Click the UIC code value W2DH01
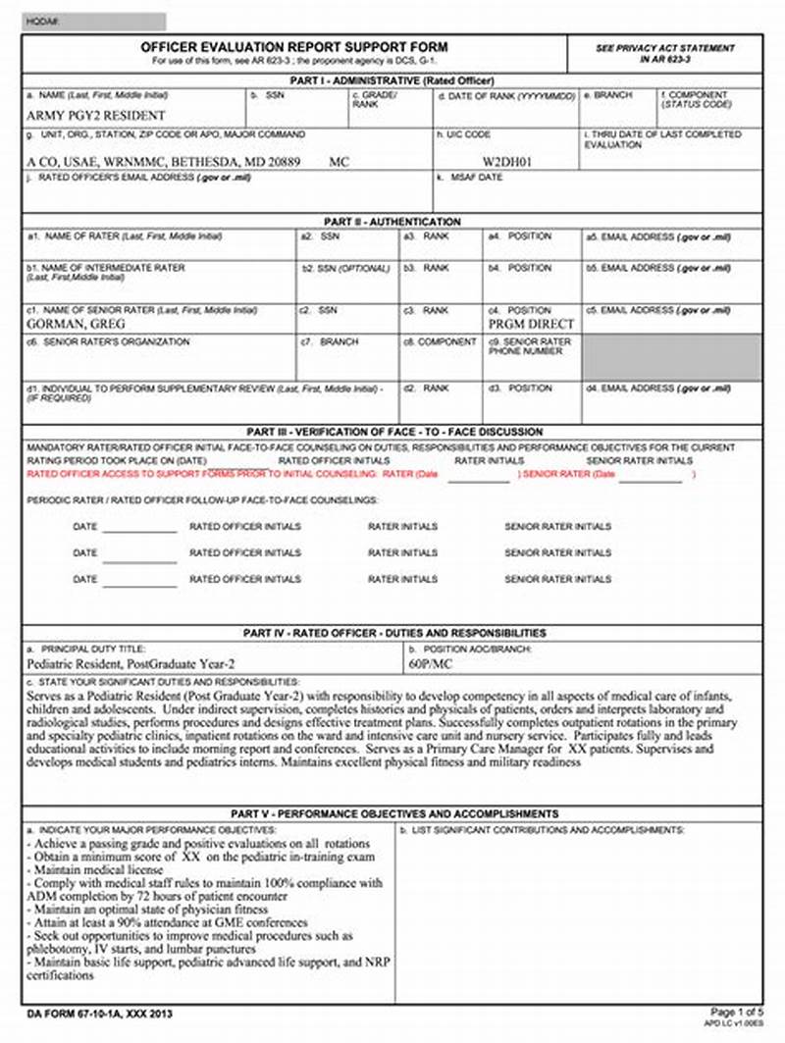[x=507, y=161]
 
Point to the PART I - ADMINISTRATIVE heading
[x=392, y=80]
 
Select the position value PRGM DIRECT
[x=531, y=323]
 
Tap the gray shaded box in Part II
[x=672, y=357]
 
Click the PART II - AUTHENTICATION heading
[x=392, y=222]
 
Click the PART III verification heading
[x=392, y=432]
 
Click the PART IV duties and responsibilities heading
[x=392, y=633]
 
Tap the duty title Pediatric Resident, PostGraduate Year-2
[x=131, y=663]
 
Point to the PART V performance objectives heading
[x=392, y=813]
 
